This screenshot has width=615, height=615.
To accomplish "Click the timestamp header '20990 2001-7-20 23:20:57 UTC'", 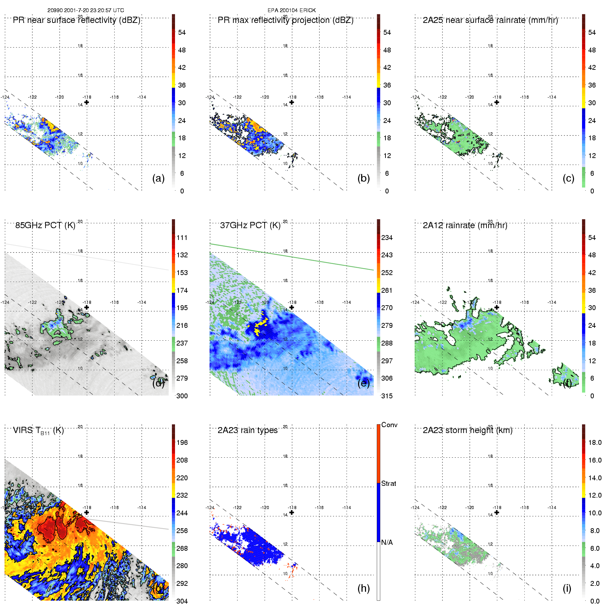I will [x=85, y=10].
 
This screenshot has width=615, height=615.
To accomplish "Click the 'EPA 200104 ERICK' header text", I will [x=291, y=10].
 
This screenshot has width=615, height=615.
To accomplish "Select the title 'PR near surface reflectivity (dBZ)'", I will [x=76, y=20].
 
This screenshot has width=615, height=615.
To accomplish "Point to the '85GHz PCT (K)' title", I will [x=45, y=225].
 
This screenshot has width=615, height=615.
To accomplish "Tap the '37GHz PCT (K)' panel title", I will [x=250, y=225].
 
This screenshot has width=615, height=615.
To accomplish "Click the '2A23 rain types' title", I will [x=247, y=430].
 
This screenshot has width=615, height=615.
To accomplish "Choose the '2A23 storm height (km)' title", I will [x=467, y=430].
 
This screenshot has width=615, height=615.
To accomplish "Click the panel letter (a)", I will [x=158, y=178].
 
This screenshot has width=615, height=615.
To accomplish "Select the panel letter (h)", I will [x=364, y=588].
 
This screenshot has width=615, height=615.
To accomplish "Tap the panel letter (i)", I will [x=567, y=588].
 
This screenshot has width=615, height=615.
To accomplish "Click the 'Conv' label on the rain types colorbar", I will [x=389, y=425].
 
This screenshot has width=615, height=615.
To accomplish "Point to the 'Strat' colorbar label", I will [x=389, y=483].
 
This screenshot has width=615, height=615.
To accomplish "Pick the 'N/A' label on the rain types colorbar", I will [x=387, y=542].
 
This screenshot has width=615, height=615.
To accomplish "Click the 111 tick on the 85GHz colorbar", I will [x=182, y=238].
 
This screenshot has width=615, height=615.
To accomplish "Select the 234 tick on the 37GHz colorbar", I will [x=387, y=238].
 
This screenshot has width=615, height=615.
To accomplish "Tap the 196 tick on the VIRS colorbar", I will [x=182, y=442].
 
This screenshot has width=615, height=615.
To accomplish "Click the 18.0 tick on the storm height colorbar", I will [x=595, y=442].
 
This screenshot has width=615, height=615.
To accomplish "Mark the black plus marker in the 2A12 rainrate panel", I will [x=497, y=307].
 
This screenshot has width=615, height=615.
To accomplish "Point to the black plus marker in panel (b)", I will [x=292, y=102].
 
